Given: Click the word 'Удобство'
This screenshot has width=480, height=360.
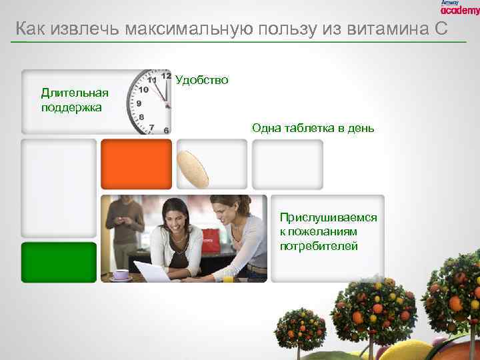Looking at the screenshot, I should click(x=202, y=80).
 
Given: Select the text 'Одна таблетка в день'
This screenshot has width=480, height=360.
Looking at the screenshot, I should click(x=313, y=128).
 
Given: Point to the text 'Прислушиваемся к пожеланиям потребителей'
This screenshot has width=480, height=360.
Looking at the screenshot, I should click(x=328, y=232).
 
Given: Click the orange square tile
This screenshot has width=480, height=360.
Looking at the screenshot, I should click(x=136, y=164).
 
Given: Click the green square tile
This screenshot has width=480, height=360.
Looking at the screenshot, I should click(x=59, y=262).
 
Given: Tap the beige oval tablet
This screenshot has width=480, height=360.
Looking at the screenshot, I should click(x=193, y=169).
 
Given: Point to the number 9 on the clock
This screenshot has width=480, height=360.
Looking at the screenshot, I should click(x=139, y=103).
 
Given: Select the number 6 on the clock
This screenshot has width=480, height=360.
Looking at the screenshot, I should click(x=166, y=129).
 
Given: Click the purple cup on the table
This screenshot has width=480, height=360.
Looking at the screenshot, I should click(x=121, y=274).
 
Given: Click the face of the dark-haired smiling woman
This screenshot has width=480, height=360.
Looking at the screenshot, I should click(x=179, y=216).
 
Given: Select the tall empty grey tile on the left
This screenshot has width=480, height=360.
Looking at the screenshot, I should click(x=59, y=188).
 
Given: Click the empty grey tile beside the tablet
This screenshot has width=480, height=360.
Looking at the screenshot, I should click(x=287, y=164).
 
